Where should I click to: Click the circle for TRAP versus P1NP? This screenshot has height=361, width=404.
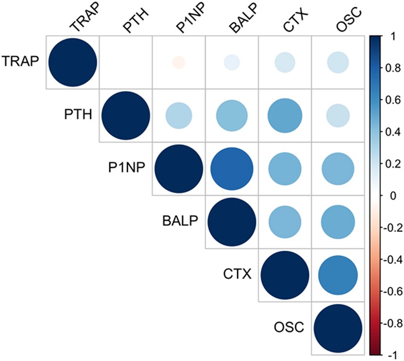click(x=178, y=62)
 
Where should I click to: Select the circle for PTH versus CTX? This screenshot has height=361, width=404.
click(x=285, y=116)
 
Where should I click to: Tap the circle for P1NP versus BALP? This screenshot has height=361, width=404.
click(x=231, y=169)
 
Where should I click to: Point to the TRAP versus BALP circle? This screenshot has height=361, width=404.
click(x=231, y=62)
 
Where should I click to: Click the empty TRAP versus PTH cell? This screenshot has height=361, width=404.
click(x=125, y=62)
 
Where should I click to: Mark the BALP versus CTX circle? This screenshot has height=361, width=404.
click(x=285, y=222)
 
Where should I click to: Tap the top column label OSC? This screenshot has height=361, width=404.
click(x=344, y=22)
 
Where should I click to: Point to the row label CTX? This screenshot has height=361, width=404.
click(x=237, y=275)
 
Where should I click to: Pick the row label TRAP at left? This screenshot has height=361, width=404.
click(x=20, y=62)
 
